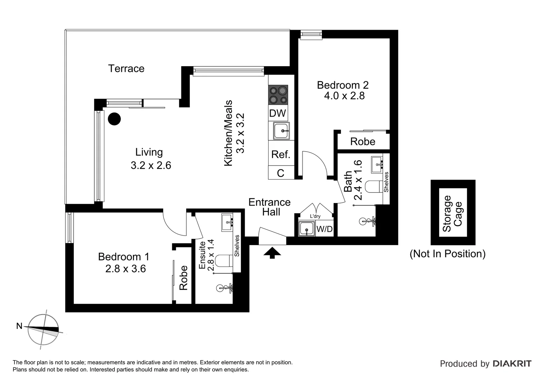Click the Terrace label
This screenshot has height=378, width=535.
126,69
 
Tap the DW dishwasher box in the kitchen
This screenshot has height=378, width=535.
278,113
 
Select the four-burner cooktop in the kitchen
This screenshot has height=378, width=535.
278,95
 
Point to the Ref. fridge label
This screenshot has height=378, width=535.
281,154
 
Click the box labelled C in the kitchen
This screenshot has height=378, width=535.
280,173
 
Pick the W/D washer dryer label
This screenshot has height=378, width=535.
324,229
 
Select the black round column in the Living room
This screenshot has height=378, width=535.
114,119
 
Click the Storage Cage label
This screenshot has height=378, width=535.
452,213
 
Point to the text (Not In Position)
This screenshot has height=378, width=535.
447,254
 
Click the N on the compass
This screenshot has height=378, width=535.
19,326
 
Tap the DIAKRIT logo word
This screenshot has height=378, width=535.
512,364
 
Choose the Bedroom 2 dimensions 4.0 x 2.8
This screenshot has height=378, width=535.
344,96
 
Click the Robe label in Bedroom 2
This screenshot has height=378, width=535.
362,142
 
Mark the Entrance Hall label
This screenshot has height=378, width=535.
270,207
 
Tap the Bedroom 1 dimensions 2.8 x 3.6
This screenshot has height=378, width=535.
125,269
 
